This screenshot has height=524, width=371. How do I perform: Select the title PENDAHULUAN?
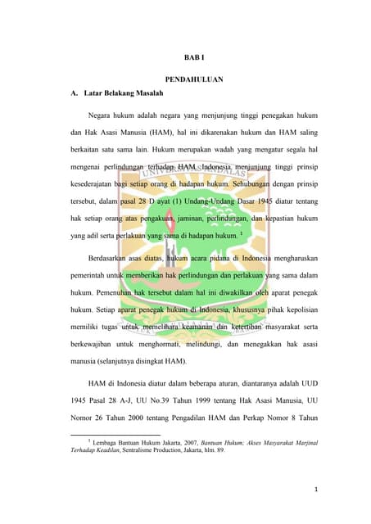[194, 79]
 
